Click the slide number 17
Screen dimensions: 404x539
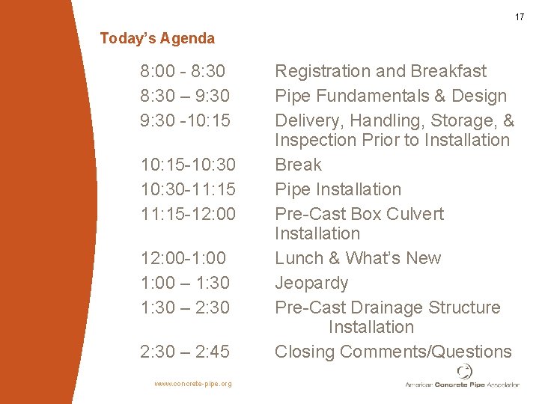click(519, 17)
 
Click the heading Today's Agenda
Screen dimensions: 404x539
click(157, 38)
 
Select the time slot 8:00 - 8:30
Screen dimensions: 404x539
click(183, 71)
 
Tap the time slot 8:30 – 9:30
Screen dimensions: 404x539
click(185, 96)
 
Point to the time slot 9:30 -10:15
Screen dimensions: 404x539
click(185, 120)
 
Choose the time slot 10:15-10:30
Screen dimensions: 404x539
click(188, 165)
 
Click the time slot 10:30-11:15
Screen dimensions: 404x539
click(188, 189)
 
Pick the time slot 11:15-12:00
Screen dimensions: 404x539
click(188, 214)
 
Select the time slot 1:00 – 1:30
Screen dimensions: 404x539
click(185, 283)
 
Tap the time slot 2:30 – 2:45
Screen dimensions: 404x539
click(185, 352)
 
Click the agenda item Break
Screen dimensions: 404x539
click(298, 165)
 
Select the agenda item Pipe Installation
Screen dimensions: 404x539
click(338, 189)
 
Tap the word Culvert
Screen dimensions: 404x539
click(415, 214)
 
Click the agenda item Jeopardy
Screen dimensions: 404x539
click(311, 283)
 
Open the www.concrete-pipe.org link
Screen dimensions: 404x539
click(192, 384)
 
